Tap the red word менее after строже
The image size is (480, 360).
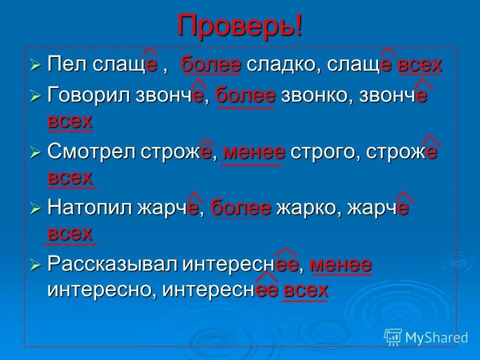[254, 152]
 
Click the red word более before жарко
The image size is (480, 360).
[240, 207]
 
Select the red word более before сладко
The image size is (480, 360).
[211, 65]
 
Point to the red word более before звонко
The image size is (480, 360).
[245, 94]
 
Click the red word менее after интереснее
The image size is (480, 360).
[341, 263]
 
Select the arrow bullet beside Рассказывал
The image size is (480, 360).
[35, 264]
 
